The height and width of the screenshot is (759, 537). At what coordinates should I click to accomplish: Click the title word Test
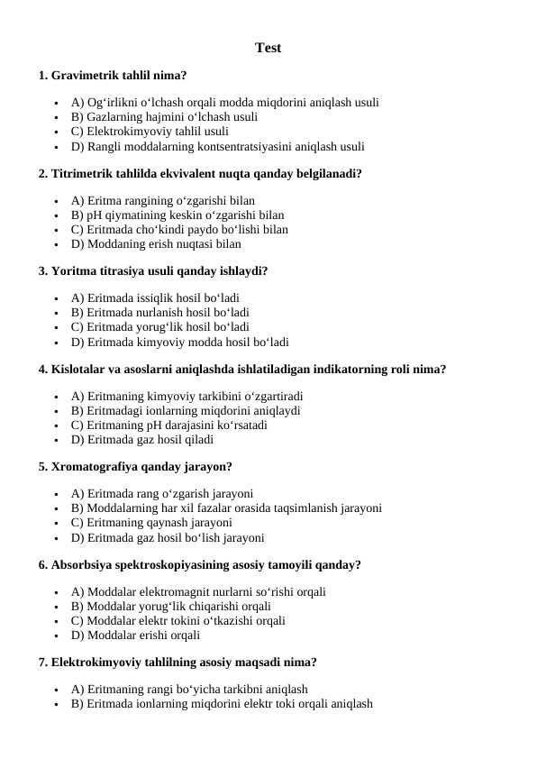[x=268, y=48]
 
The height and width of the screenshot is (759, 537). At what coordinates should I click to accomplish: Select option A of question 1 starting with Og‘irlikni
[x=224, y=103]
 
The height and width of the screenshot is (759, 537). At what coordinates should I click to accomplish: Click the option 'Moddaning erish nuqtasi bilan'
[x=156, y=244]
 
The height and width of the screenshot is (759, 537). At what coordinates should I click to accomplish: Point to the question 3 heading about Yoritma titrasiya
[x=153, y=270]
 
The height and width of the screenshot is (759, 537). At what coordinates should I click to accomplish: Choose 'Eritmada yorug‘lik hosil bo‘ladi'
[x=159, y=327]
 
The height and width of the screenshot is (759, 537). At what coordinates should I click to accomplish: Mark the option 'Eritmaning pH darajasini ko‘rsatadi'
[x=168, y=425]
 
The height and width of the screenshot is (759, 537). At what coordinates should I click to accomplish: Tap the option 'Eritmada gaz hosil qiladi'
[x=141, y=440]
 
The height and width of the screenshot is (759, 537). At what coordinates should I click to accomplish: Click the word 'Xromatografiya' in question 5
[x=95, y=467]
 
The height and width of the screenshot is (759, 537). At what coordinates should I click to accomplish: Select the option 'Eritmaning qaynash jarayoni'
[x=151, y=523]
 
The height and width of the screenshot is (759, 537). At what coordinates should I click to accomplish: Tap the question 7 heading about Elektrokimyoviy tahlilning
[x=177, y=663]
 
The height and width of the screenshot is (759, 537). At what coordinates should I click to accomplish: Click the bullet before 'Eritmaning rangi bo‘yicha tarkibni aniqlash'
[x=57, y=690]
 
